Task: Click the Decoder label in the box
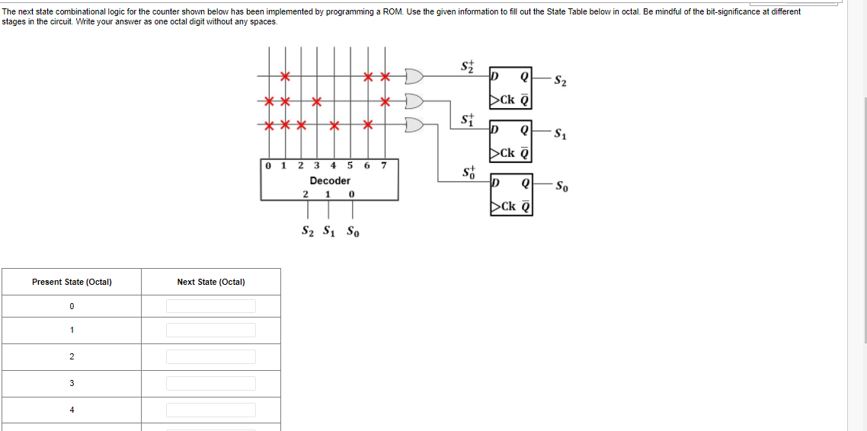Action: point(330,181)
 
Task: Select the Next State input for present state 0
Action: point(211,306)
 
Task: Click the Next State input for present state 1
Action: point(211,330)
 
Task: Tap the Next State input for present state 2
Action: point(211,356)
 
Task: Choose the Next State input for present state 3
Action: point(211,383)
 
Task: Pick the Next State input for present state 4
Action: point(211,410)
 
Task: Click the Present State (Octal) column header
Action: point(72,282)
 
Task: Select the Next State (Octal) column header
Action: point(211,282)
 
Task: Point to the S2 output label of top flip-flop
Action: point(560,80)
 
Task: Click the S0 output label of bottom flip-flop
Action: point(561,186)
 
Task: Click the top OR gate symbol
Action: point(414,76)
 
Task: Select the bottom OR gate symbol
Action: point(414,124)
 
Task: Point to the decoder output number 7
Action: point(384,165)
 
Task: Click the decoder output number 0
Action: point(267,165)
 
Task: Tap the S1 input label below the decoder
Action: point(327,231)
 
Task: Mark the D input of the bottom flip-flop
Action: point(496,184)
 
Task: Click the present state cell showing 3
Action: point(72,383)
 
